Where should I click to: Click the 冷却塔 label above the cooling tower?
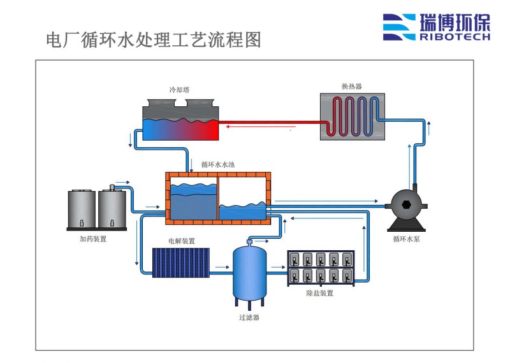pos(179,90)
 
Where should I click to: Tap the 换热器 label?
pos(352,87)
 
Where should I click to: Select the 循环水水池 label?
pos(217,164)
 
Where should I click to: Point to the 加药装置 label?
pos(93,239)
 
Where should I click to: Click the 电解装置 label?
pos(182,241)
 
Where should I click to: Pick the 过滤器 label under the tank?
pos(249,317)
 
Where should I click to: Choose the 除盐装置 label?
pos(320,293)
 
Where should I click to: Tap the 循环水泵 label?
pos(406,239)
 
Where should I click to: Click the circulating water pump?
pos(406,208)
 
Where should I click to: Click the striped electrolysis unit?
pos(181,262)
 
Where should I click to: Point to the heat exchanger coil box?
pos(353,117)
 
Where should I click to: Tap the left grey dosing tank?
pos(82,209)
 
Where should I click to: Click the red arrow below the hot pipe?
pos(261,127)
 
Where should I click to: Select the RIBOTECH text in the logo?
pos(455,36)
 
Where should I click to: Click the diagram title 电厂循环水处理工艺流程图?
pos(154,40)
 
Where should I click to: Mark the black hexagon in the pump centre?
pos(406,204)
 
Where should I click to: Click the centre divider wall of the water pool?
pos(218,198)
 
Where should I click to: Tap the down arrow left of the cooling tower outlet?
pos(131,139)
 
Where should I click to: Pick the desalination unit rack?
pos(321,268)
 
